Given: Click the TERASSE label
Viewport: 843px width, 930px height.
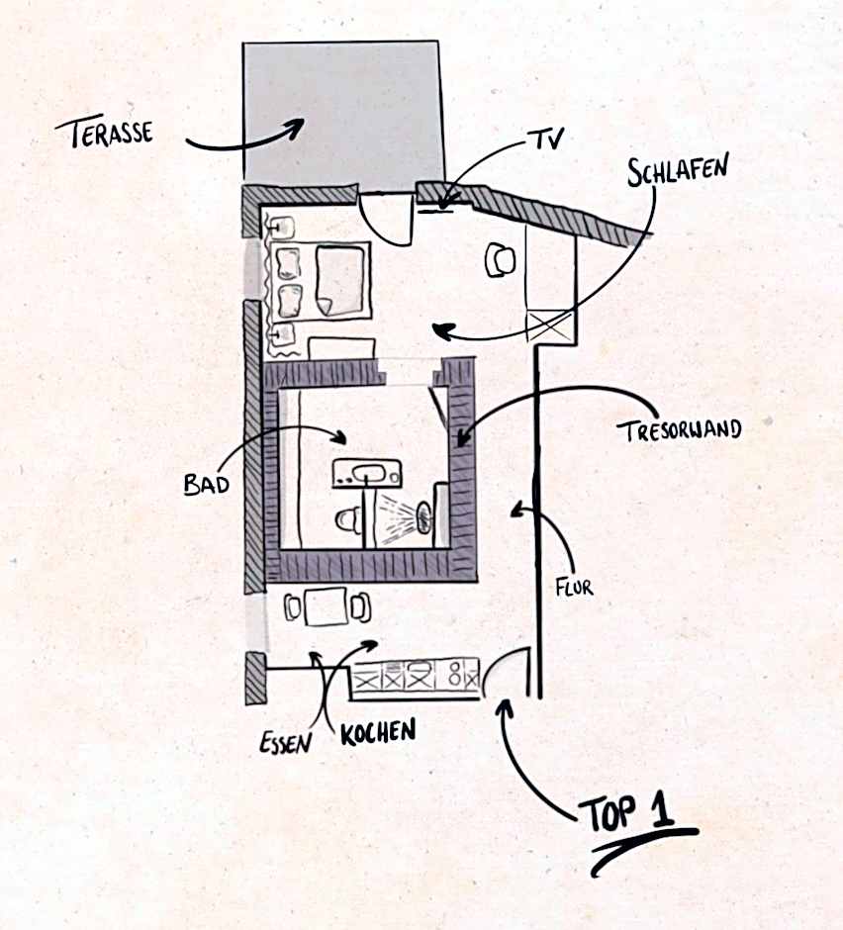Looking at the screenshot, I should pos(104,132).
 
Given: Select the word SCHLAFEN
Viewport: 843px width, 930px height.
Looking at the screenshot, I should pos(678,168).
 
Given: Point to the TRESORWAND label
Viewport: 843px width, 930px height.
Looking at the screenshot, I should pos(678,430).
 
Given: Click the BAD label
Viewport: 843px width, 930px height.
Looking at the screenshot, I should pos(206,484).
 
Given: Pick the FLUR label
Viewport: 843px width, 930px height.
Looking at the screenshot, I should pos(575,588).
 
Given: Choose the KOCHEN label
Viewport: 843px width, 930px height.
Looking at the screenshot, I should pos(377,731).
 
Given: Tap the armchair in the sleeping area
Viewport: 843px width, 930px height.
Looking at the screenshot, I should pos(500,260).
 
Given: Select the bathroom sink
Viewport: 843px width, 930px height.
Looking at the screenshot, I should pos(367,473).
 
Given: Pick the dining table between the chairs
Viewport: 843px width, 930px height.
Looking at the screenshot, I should pos(325,606).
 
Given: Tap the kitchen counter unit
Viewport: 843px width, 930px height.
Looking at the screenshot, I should pos(416,678).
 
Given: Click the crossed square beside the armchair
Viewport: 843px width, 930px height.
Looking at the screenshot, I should pos(550,325).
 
